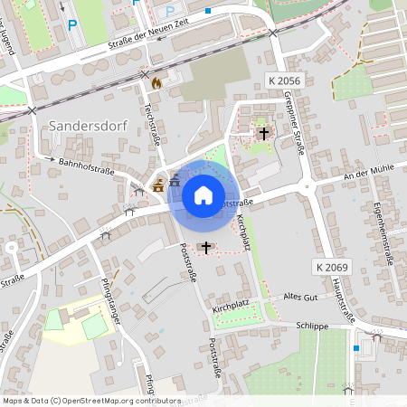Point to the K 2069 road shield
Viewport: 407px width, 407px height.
point(333,268)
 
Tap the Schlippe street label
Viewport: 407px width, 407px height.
point(312,326)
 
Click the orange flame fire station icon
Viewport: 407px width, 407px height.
point(156,82)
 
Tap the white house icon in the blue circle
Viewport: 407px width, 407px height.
point(203,194)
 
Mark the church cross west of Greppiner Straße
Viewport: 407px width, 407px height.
point(264,133)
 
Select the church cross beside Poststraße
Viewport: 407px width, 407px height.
point(206,246)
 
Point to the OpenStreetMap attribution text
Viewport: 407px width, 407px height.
point(91,400)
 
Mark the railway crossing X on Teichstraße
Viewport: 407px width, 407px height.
point(145,74)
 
